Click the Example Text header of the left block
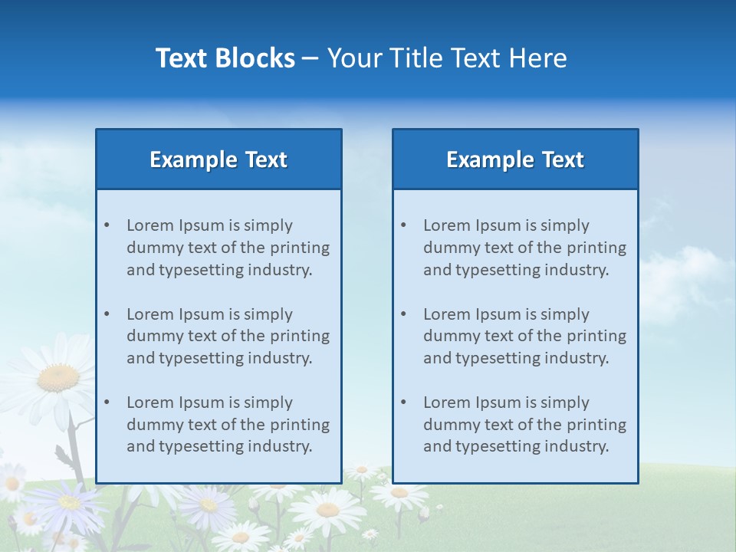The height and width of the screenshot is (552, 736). (x=219, y=159)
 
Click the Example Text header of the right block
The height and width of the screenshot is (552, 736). (x=515, y=159)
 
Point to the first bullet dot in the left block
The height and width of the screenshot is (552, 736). (x=107, y=225)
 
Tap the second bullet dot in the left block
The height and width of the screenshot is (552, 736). (x=107, y=314)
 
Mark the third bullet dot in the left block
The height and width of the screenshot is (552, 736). (x=107, y=402)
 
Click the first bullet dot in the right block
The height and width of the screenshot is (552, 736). (x=404, y=225)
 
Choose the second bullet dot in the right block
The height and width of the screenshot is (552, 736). (x=404, y=314)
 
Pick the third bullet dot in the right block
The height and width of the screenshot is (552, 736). (x=404, y=402)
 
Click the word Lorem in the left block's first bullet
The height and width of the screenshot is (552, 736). (x=150, y=225)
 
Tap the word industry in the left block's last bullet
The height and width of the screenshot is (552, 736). (x=281, y=446)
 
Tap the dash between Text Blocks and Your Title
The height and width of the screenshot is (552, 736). (x=310, y=58)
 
